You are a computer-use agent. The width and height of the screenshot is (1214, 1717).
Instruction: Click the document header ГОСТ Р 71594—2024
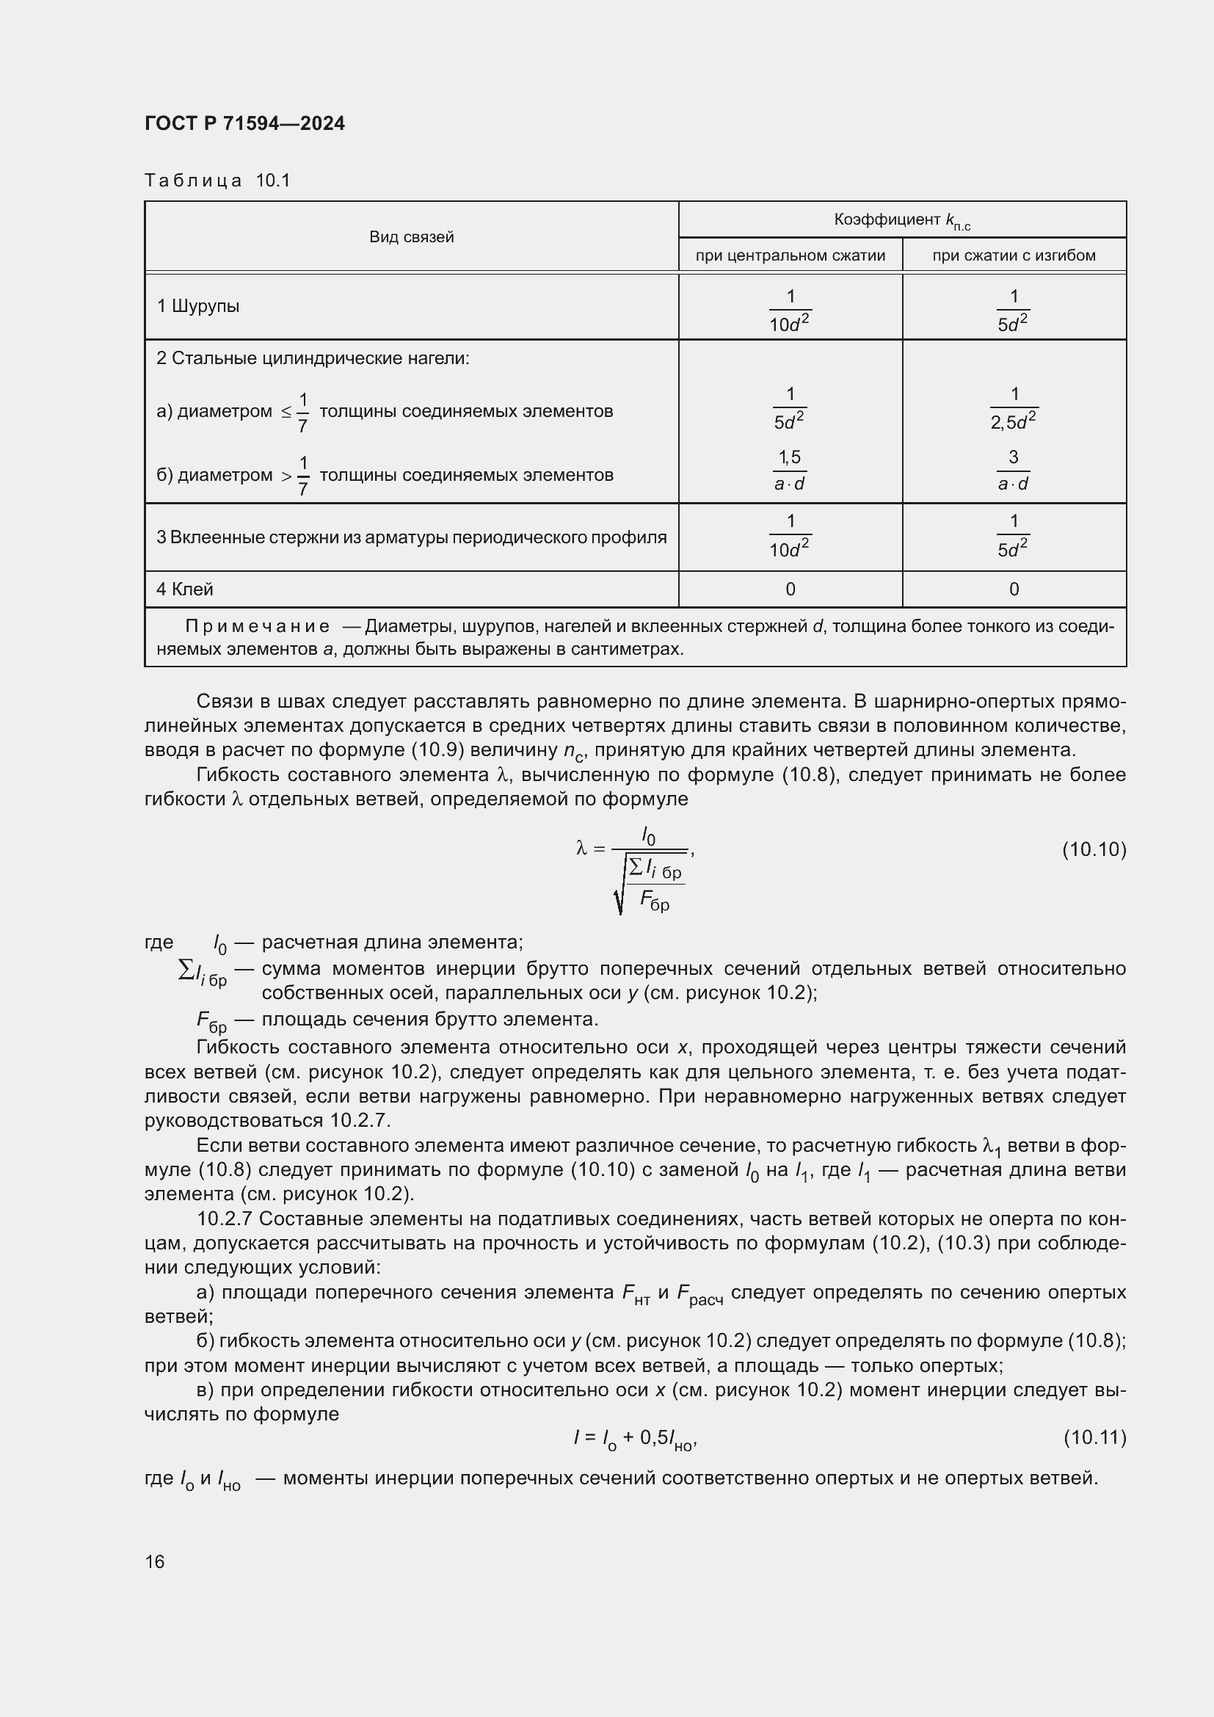pyautogui.click(x=244, y=123)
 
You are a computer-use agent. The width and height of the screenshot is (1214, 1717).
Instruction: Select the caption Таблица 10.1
pyautogui.click(x=217, y=181)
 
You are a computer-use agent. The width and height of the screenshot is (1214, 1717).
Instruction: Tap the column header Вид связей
pyautogui.click(x=411, y=237)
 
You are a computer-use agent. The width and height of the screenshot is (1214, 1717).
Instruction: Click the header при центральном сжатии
pyautogui.click(x=790, y=255)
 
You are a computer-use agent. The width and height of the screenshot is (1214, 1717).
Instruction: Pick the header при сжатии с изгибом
pyautogui.click(x=1014, y=255)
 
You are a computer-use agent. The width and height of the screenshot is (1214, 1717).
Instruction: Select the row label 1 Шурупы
pyautogui.click(x=198, y=306)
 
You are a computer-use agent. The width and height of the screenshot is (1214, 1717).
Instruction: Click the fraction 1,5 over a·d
pyautogui.click(x=790, y=471)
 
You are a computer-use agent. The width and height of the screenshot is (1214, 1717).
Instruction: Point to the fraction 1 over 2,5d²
pyautogui.click(x=1014, y=408)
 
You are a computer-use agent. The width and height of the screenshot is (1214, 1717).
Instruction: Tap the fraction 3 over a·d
pyautogui.click(x=1014, y=471)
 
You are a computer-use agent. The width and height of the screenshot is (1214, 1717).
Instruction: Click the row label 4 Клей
pyautogui.click(x=185, y=589)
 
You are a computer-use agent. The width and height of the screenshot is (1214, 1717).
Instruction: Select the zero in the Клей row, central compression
pyautogui.click(x=790, y=589)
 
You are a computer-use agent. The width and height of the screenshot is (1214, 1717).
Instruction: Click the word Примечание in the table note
pyautogui.click(x=257, y=626)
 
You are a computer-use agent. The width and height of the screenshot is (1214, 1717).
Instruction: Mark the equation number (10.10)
pyautogui.click(x=1094, y=849)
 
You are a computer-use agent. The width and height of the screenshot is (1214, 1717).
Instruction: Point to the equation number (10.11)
pyautogui.click(x=1094, y=1437)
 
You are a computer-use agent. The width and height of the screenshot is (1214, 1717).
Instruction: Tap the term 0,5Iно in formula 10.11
pyautogui.click(x=667, y=1439)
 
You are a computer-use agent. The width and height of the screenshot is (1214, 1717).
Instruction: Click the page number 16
pyautogui.click(x=155, y=1561)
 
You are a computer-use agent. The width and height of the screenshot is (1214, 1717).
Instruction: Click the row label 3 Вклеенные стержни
pyautogui.click(x=411, y=537)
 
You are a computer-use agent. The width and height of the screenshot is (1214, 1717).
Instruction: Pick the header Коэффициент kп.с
pyautogui.click(x=901, y=220)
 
